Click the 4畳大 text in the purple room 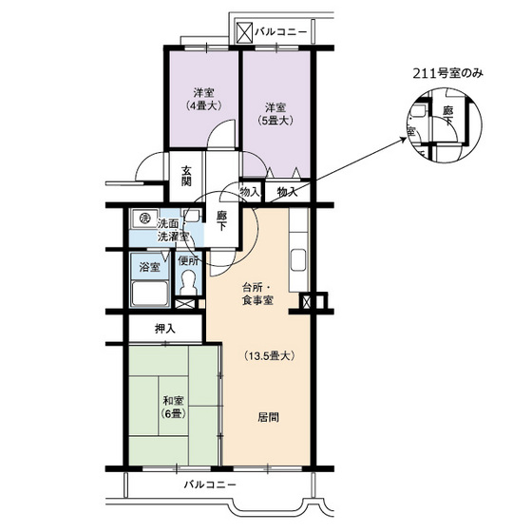(201, 106)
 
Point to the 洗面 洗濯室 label (172, 229)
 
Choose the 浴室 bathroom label (148, 266)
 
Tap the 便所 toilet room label (188, 260)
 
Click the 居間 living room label (268, 417)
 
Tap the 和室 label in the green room (172, 399)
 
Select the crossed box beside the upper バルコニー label (244, 32)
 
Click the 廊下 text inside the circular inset (447, 116)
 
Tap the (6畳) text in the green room (172, 413)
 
